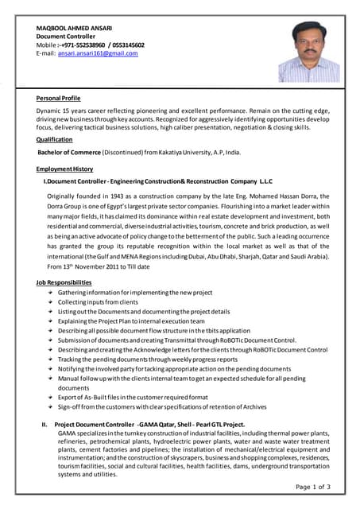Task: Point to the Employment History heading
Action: point(64,169)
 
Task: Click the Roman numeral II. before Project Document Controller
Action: point(45,425)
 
